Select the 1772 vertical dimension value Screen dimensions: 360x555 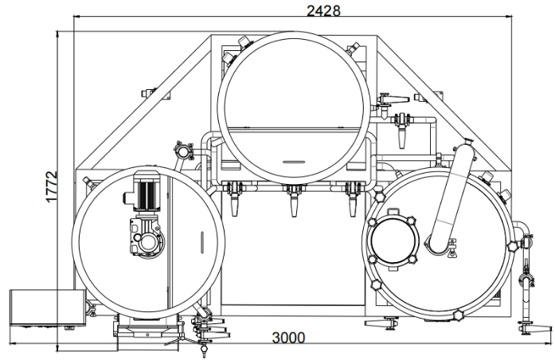pyautogui.click(x=51, y=187)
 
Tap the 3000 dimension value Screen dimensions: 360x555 pyautogui.click(x=287, y=338)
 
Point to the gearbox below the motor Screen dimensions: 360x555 pyautogui.click(x=148, y=234)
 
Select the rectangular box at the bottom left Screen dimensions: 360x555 pyautogui.click(x=45, y=308)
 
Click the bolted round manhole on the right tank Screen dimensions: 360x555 pyautogui.click(x=391, y=242)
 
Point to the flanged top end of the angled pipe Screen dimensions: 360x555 pyautogui.click(x=464, y=151)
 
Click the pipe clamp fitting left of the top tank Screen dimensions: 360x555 pyautogui.click(x=184, y=149)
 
